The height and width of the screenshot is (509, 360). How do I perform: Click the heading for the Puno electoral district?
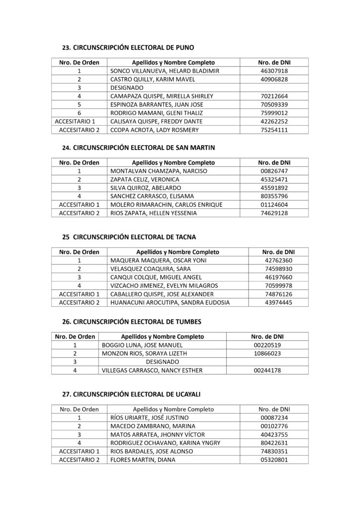tap(128, 48)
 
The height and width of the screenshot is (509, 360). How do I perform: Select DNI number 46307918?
tap(274, 71)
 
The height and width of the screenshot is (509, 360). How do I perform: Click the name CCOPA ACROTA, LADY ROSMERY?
tap(148, 130)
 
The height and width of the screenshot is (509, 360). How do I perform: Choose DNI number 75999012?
tap(274, 113)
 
